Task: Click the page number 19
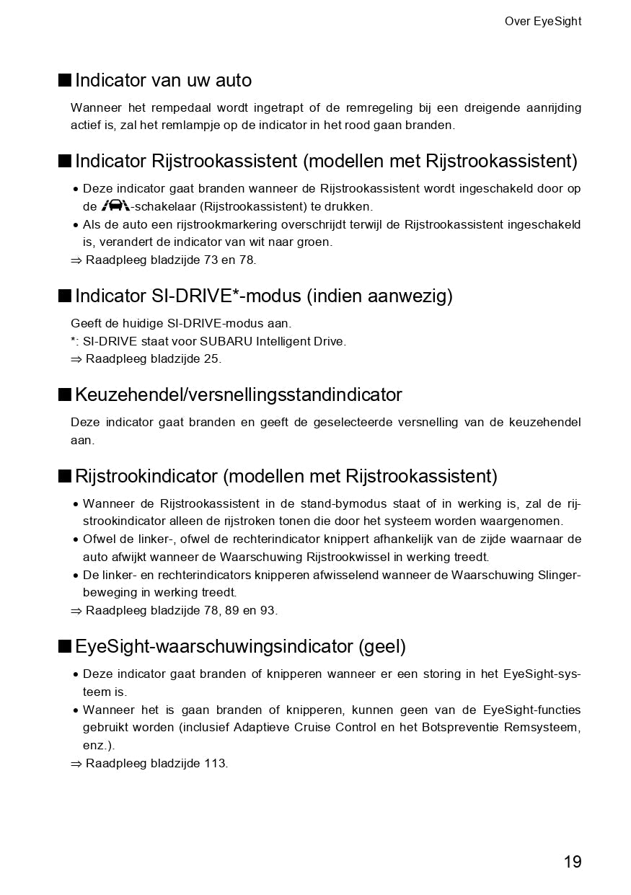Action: tap(572, 862)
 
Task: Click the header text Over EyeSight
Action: tap(542, 22)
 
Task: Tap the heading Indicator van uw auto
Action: tap(163, 80)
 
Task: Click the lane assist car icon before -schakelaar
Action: tap(115, 206)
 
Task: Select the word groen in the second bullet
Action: tap(314, 242)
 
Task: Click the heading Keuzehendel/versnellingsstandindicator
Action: tap(238, 395)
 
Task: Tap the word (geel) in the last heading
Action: tap(381, 647)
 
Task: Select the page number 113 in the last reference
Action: tap(215, 764)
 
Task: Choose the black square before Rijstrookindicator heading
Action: tap(65, 476)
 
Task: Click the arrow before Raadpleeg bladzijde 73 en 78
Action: tap(76, 260)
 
